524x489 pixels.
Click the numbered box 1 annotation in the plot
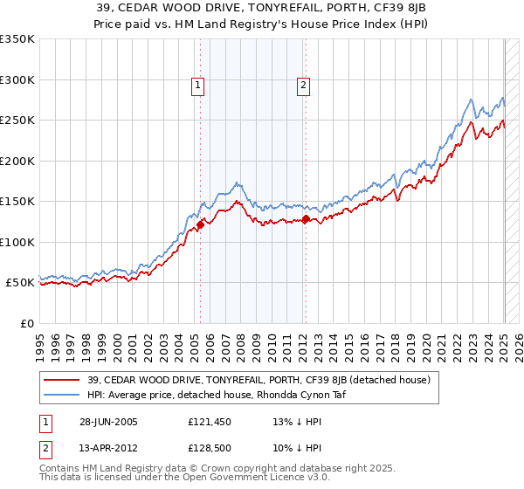click(x=199, y=86)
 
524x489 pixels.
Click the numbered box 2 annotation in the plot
click(x=303, y=86)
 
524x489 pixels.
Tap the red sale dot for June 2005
click(x=200, y=224)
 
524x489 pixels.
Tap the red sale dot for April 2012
click(x=306, y=218)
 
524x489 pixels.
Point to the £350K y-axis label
click(x=17, y=39)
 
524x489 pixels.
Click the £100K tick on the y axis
click(x=17, y=242)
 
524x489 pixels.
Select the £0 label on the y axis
click(x=26, y=323)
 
